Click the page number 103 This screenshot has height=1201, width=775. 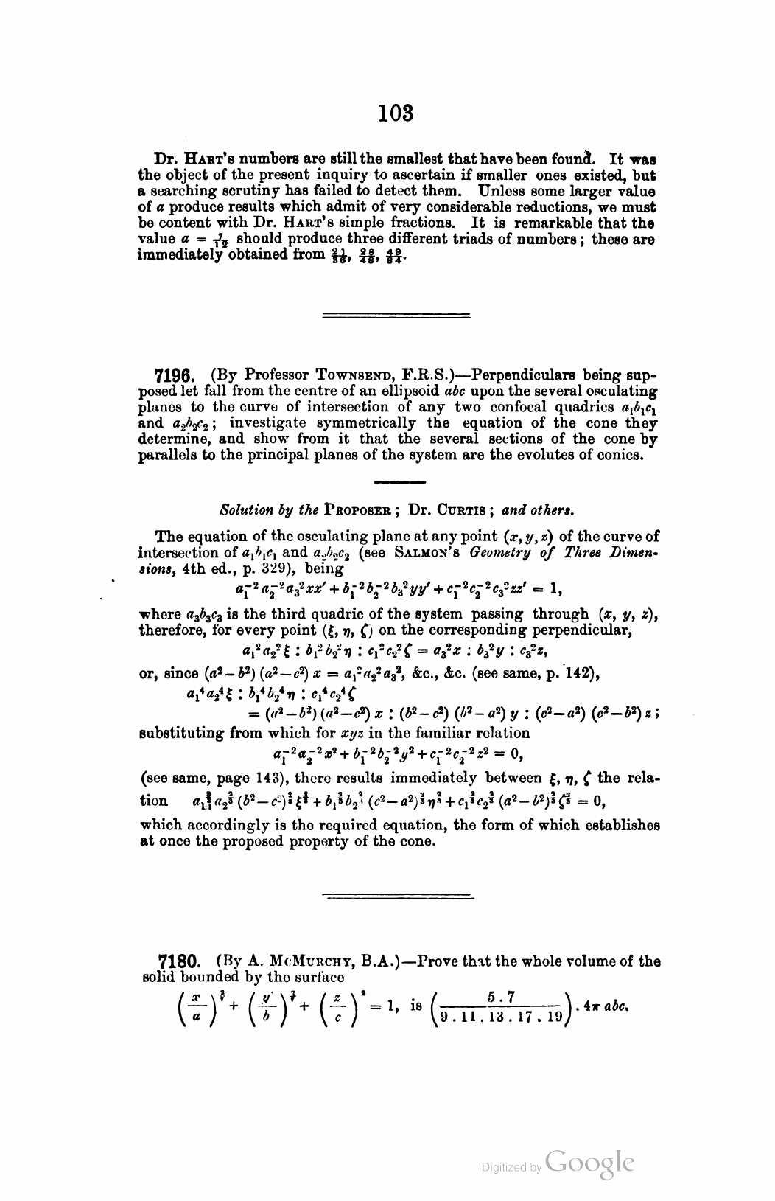pos(396,114)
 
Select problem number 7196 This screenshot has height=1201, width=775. pos(178,374)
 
